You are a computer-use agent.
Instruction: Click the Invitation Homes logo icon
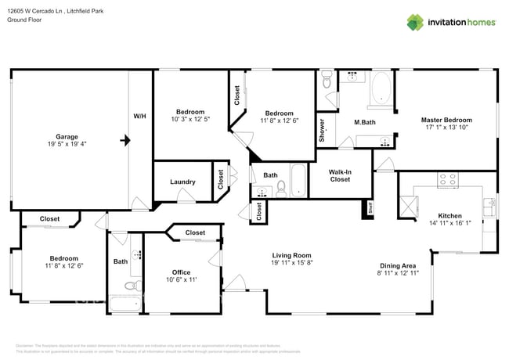413,22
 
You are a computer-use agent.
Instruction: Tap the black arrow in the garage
124,141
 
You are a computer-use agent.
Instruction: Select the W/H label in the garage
139,116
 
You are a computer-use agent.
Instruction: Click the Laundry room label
182,182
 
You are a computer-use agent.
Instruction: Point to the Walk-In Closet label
339,175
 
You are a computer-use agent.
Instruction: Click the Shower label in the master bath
321,130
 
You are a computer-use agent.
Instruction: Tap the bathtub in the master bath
381,88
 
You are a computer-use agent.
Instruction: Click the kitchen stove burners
449,179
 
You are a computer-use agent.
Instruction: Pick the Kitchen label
449,215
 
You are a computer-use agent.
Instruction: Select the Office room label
182,272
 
